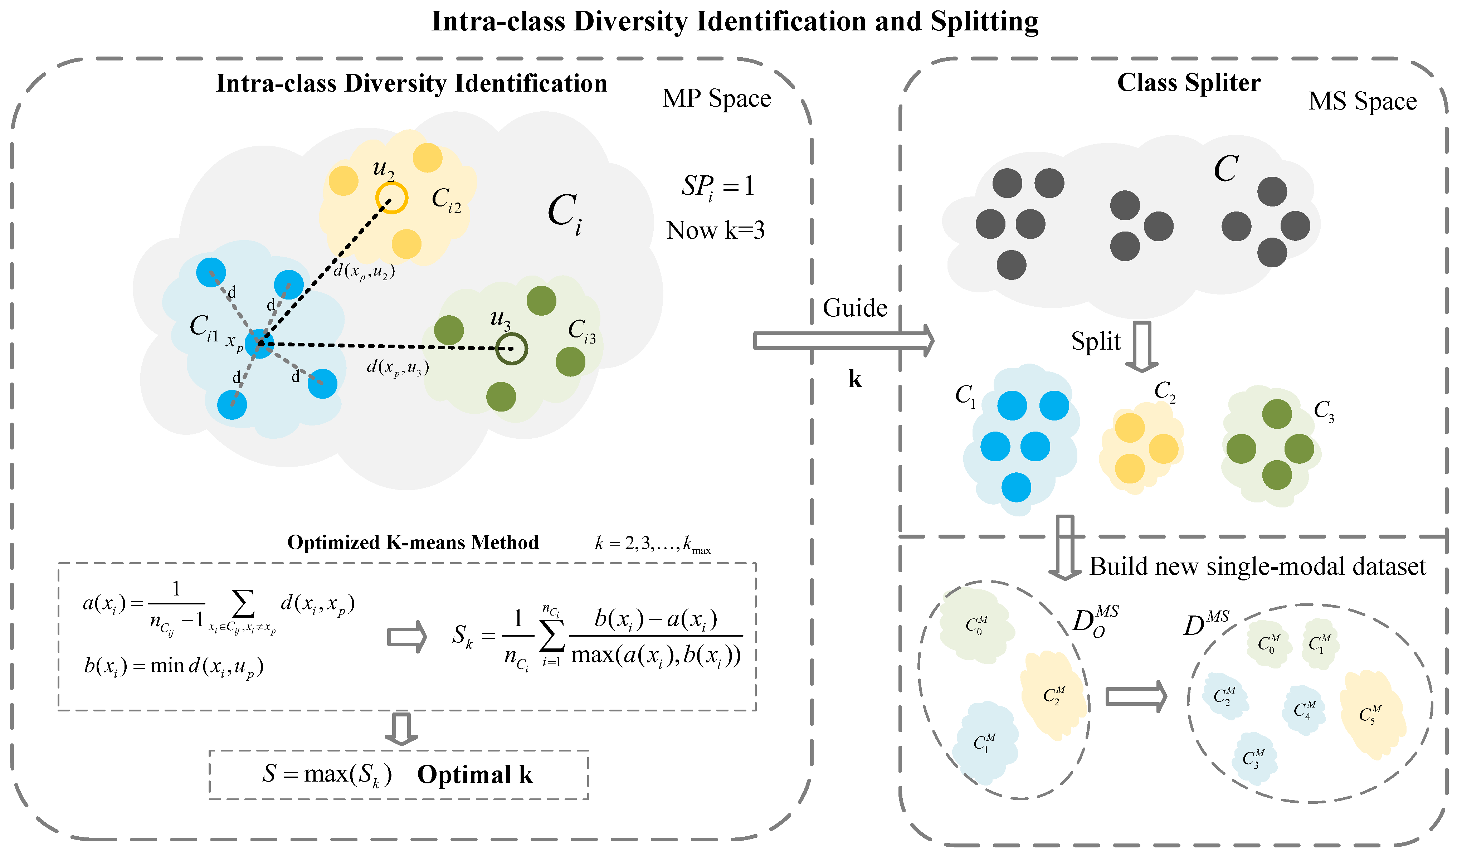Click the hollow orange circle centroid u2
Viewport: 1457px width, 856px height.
[391, 198]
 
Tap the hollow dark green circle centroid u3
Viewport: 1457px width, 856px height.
[512, 349]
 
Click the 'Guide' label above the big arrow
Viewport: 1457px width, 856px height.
[854, 308]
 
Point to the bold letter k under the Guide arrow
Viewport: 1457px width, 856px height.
[854, 380]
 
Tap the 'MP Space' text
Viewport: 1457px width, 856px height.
[716, 99]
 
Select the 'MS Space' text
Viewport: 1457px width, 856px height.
[1362, 102]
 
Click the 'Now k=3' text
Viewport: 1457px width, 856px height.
[715, 231]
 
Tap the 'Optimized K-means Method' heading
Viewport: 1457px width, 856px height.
[413, 543]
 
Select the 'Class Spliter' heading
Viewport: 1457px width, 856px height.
[1189, 83]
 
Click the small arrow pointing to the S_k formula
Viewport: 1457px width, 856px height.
[406, 637]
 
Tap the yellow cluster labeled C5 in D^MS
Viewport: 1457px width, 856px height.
[1371, 714]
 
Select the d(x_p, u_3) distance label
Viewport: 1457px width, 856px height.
[398, 368]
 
